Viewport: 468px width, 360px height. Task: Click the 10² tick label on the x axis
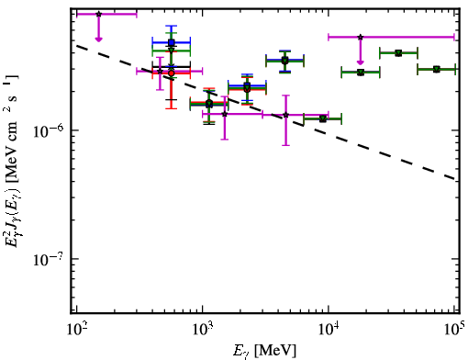(x=76, y=329)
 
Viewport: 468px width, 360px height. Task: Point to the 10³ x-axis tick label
(x=203, y=329)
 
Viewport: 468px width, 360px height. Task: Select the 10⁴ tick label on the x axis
(x=329, y=329)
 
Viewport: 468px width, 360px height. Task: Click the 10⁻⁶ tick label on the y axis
(x=48, y=131)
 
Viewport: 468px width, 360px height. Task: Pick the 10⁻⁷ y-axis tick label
(x=48, y=260)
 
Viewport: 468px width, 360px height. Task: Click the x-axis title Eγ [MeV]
(x=264, y=351)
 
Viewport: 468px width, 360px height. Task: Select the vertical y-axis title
(x=12, y=161)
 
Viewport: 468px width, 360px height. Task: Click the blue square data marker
(x=172, y=42)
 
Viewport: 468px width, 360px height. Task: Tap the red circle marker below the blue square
(x=172, y=73)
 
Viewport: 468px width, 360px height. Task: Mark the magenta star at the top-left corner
(x=98, y=14)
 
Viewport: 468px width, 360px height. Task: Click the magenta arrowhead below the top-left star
(x=98, y=39)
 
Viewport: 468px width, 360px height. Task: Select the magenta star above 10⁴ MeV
(x=361, y=37)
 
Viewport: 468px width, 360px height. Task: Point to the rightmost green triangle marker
(x=437, y=70)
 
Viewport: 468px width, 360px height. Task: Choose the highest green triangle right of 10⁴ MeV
(x=398, y=53)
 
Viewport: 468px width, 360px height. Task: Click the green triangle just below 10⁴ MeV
(x=323, y=118)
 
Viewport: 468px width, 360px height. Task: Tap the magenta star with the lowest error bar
(x=285, y=115)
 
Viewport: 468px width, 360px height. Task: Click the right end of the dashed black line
(x=455, y=179)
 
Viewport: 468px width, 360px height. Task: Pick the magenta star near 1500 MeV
(x=225, y=114)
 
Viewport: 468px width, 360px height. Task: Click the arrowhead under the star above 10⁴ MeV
(x=361, y=62)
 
